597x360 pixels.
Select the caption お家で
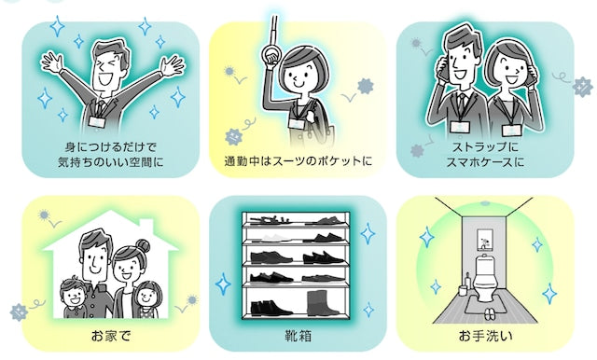click(x=111, y=336)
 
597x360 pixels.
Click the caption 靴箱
click(x=298, y=336)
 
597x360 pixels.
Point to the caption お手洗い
click(x=485, y=336)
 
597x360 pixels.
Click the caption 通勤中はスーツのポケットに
click(x=298, y=161)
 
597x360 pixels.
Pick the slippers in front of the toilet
click(x=488, y=313)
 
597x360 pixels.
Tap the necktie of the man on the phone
click(x=462, y=103)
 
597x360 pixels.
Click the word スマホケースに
click(x=485, y=162)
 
